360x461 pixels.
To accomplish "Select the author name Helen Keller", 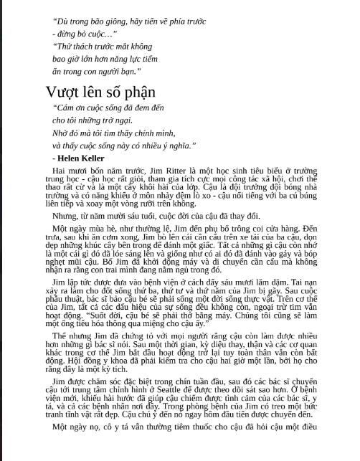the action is click(x=78, y=156).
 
